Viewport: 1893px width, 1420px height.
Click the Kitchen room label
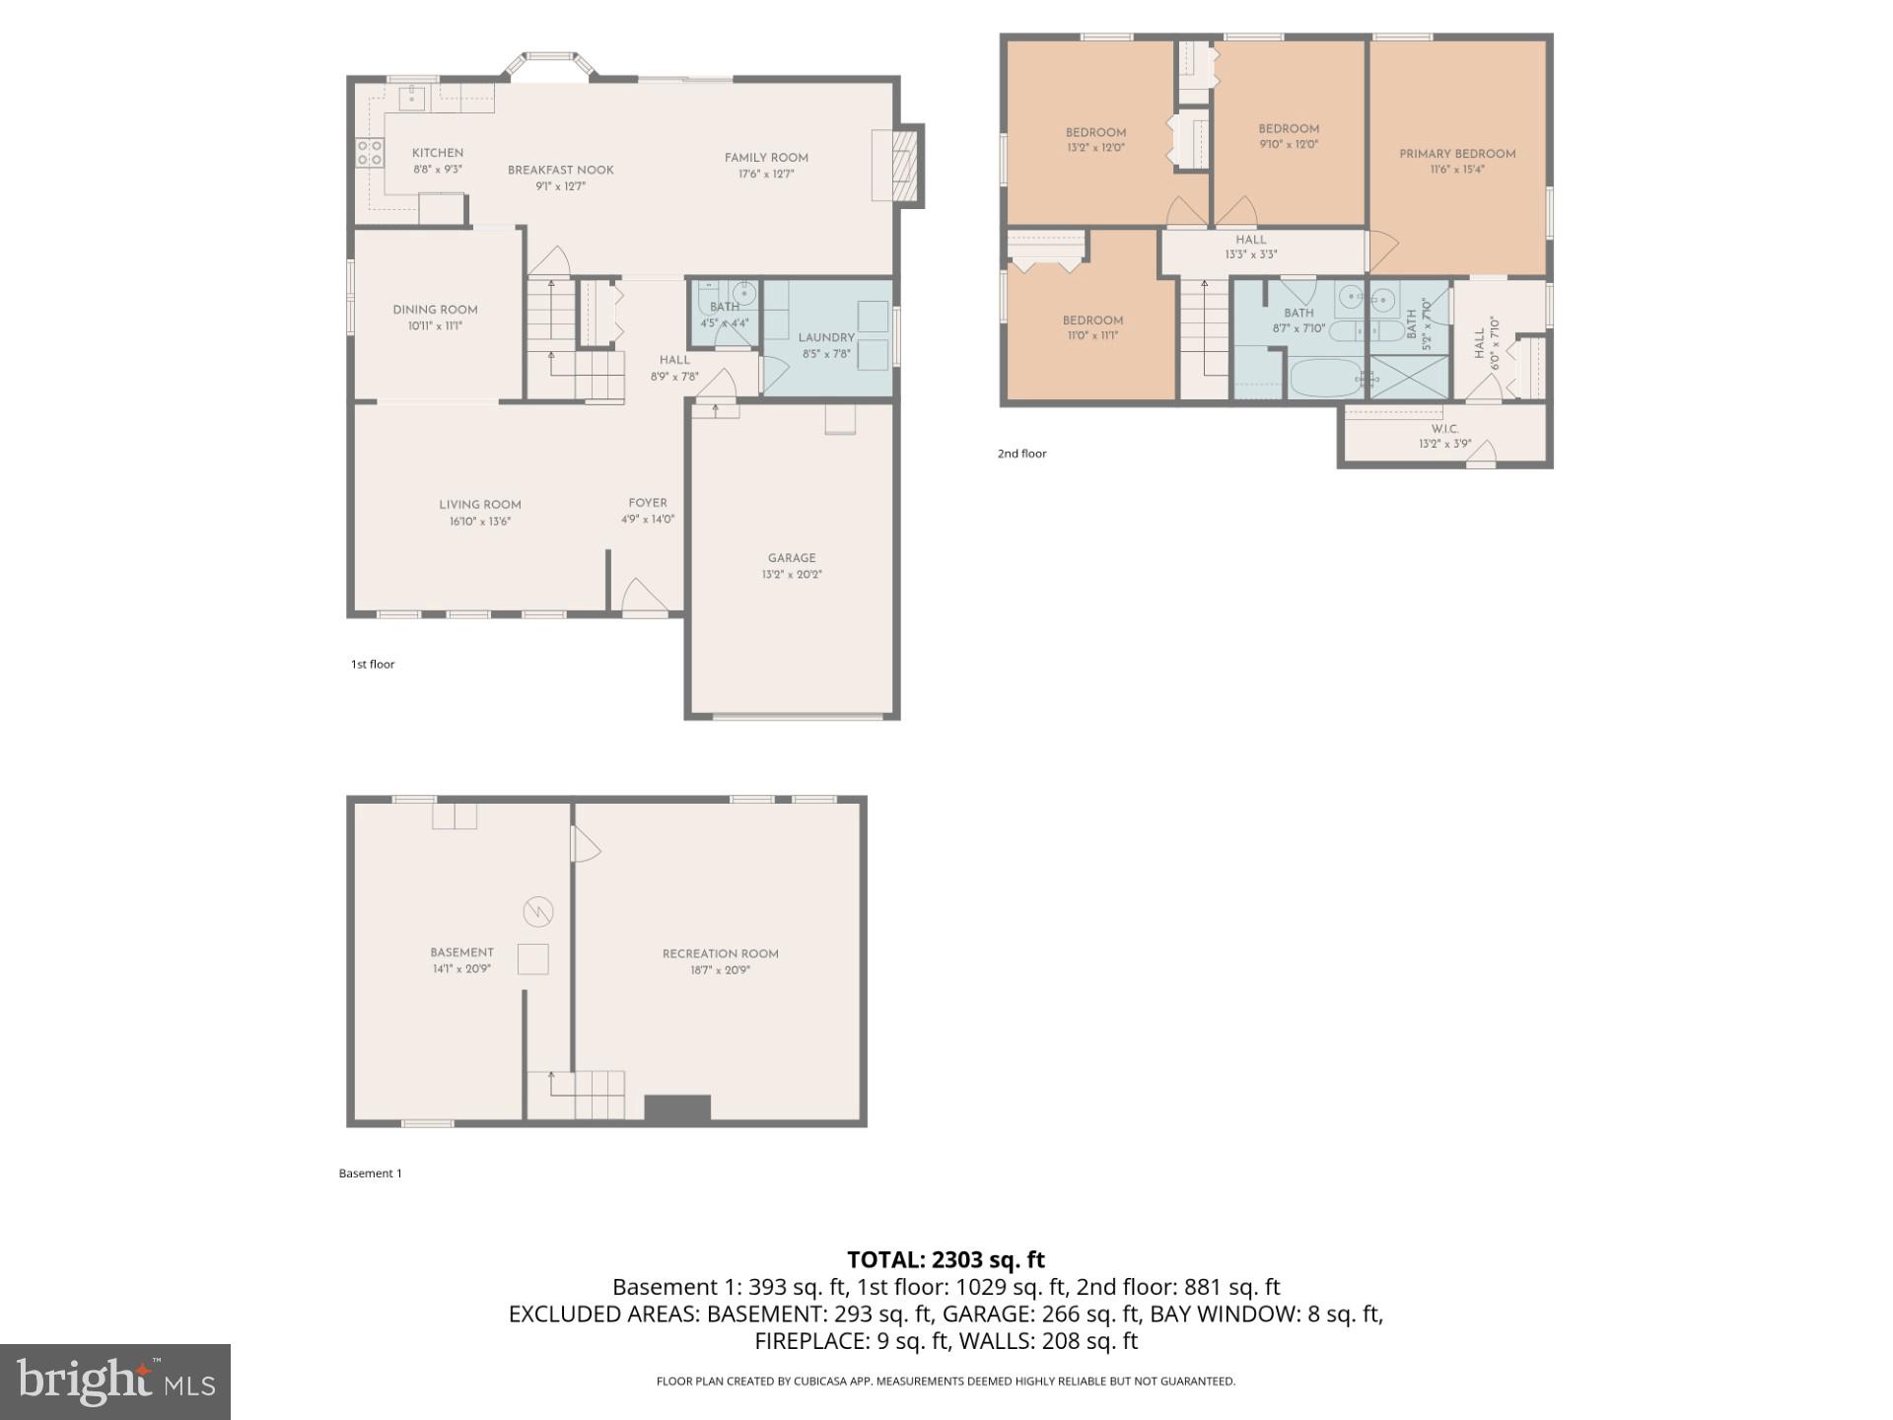click(437, 153)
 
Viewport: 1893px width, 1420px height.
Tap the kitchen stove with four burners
click(370, 153)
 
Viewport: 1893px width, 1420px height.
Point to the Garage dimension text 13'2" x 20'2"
click(791, 574)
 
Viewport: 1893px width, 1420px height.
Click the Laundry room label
click(825, 337)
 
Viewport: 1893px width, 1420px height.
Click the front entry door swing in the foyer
click(645, 596)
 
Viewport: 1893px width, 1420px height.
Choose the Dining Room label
click(435, 310)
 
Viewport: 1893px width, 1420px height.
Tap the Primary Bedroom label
click(1457, 154)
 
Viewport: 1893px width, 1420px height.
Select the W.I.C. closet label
click(1444, 429)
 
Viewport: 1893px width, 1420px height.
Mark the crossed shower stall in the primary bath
click(1409, 378)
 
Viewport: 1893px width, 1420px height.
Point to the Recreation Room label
click(720, 954)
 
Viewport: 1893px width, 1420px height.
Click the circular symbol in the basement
click(538, 911)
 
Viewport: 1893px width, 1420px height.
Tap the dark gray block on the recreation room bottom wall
click(677, 1108)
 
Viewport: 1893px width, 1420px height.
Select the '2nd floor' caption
click(1021, 454)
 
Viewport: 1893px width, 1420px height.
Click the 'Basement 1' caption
click(370, 1173)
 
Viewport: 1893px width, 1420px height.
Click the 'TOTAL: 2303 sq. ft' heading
click(946, 1259)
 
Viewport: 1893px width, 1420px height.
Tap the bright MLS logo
click(115, 1381)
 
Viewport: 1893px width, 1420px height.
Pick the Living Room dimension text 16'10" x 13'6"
click(479, 522)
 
